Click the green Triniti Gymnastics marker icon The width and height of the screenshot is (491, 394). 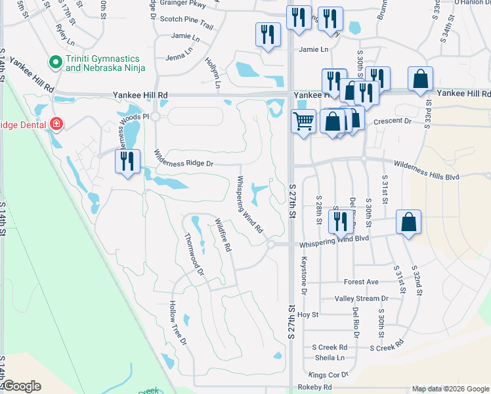pos(56,63)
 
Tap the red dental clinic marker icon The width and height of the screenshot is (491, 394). pos(56,123)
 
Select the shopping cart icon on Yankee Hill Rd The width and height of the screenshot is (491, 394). pos(303,121)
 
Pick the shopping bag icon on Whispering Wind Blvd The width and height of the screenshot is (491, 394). pos(408,221)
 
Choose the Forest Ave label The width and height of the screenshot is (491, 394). pos(361,282)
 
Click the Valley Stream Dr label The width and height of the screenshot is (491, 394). pos(362,298)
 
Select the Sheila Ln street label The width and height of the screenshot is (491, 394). pos(330,358)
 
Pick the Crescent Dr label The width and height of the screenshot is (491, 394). pos(392,121)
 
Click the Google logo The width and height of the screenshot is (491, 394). pos(21,386)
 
